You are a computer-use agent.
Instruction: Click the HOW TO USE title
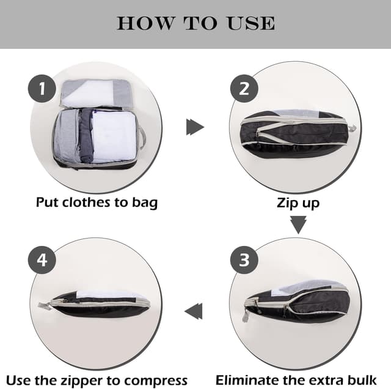pos(195,23)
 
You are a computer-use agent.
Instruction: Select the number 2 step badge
pos(244,89)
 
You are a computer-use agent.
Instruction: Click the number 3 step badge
pos(244,261)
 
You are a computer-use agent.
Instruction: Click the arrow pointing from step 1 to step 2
pos(194,127)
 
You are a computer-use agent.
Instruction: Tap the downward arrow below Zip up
pos(298,225)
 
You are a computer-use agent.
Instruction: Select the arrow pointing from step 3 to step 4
pos(194,311)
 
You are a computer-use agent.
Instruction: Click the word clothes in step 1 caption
pos(86,202)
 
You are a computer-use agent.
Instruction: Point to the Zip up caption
pos(298,202)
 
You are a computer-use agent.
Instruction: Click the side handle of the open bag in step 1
pos(142,138)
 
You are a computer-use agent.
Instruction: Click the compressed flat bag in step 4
pos(98,304)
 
